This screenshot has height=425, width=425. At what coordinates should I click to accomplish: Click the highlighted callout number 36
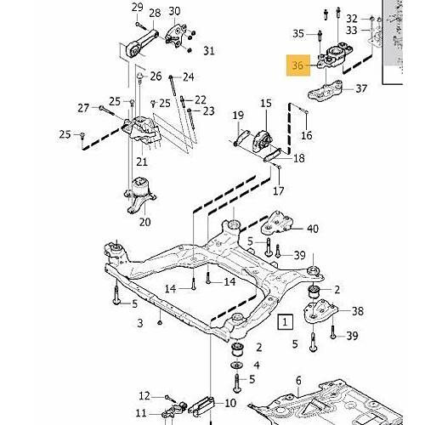pos(297,65)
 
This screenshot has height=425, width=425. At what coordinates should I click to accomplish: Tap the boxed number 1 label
pos(286,321)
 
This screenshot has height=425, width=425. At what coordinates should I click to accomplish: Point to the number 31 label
pos(209,51)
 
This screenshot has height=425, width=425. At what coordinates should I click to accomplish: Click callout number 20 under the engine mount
pos(144,223)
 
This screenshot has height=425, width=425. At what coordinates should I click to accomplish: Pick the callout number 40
pos(312,229)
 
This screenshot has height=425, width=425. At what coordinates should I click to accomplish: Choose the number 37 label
pos(361,88)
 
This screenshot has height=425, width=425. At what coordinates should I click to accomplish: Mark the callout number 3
pos(140,323)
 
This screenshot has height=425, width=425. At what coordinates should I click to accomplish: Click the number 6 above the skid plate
pos(297,380)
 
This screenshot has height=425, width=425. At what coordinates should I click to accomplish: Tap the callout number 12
pos(144,395)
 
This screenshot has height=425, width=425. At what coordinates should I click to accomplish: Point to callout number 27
pos(83,107)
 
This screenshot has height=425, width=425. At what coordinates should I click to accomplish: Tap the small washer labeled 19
pos(235,140)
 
